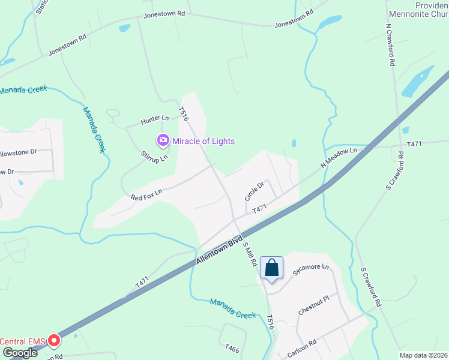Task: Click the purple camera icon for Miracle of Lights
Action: click(x=163, y=140)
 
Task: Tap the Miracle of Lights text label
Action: click(x=203, y=141)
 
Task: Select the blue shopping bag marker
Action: click(x=272, y=268)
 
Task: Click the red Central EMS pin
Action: click(x=53, y=341)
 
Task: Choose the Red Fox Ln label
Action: click(x=147, y=193)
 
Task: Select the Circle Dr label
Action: click(x=254, y=192)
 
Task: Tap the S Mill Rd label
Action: click(x=250, y=254)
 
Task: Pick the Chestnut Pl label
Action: click(x=314, y=306)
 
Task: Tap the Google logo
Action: click(x=20, y=353)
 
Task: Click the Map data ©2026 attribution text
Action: click(x=423, y=355)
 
